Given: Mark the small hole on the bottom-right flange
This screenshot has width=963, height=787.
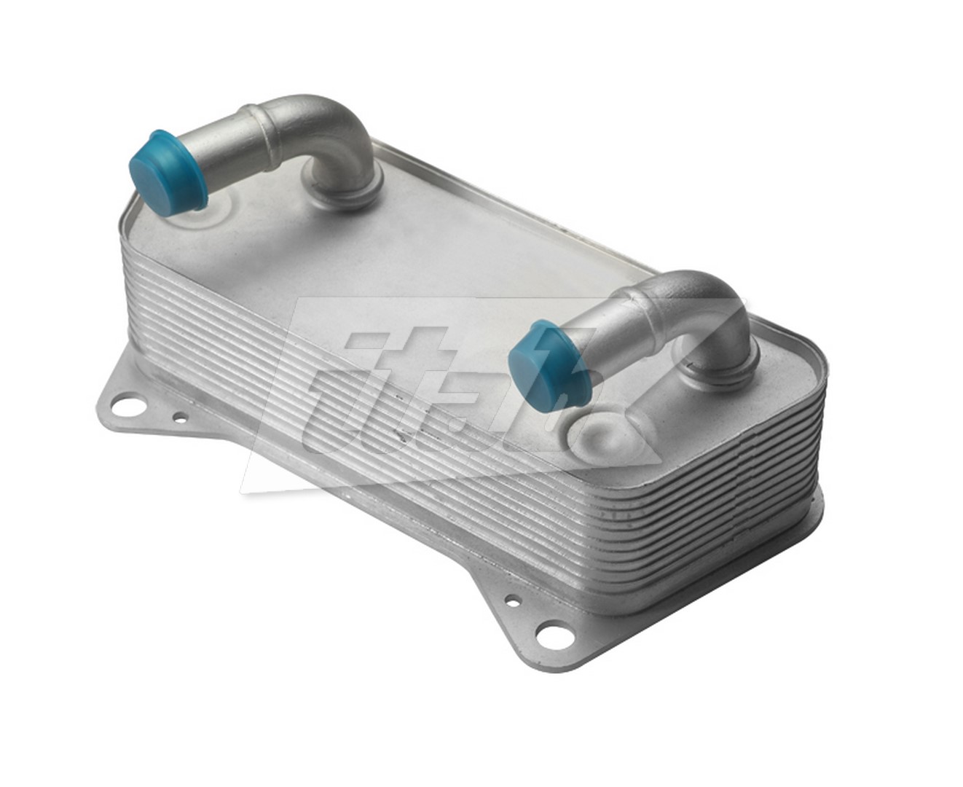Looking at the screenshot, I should [514, 602].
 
